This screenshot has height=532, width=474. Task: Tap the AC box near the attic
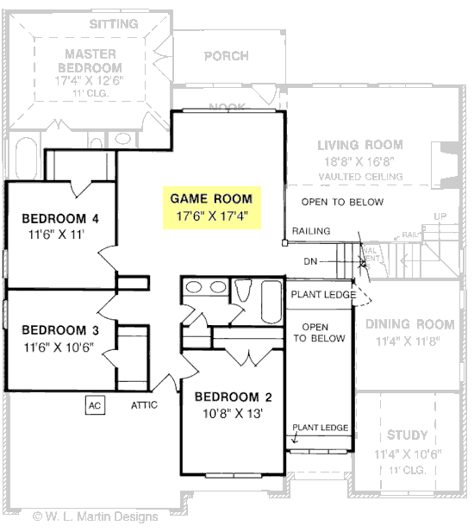point(95,404)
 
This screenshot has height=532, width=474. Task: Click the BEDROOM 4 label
point(59,218)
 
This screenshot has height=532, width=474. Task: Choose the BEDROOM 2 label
point(233,397)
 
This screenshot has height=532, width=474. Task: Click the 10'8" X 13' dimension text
point(233,413)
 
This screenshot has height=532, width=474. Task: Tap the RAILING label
point(310,231)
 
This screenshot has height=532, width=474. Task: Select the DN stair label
point(312,260)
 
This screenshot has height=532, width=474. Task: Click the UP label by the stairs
point(440,216)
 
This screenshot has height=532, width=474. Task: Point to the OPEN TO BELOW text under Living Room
point(342,202)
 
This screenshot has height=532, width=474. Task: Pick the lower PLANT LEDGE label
point(321,428)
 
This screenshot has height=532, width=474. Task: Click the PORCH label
point(226,57)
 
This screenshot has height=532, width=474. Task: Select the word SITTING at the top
point(114,24)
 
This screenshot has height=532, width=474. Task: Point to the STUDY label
point(407,435)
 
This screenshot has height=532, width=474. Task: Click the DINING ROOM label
point(409,325)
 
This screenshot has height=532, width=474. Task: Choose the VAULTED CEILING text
point(360,176)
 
